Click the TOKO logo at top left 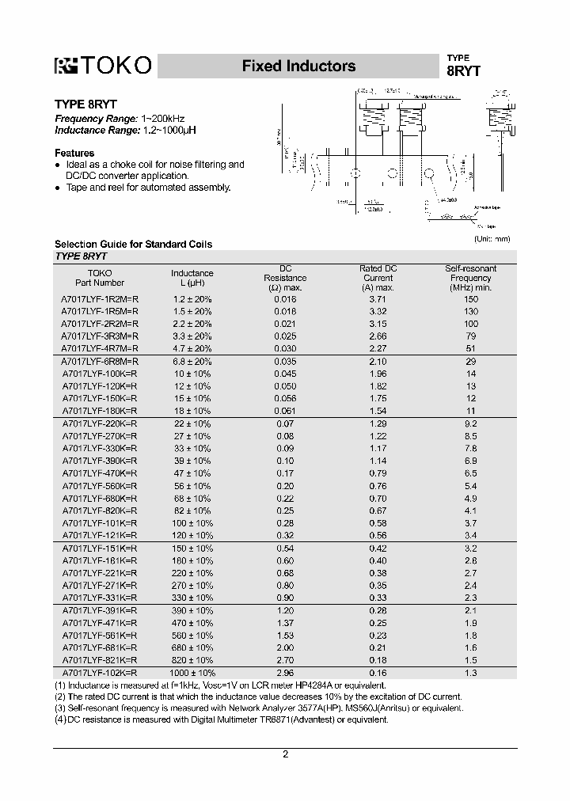tap(102, 66)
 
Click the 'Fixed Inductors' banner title tap(298, 66)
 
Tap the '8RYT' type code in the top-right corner tap(463, 70)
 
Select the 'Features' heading tap(74, 153)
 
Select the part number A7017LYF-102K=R tap(100, 672)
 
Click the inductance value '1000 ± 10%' tap(192, 672)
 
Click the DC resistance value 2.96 tap(284, 672)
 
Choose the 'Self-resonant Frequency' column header tap(471, 278)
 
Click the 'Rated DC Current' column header tap(378, 278)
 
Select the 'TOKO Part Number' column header tap(100, 278)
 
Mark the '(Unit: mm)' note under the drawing tap(492, 238)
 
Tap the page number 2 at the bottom tap(285, 754)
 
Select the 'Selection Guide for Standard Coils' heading tap(133, 244)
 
